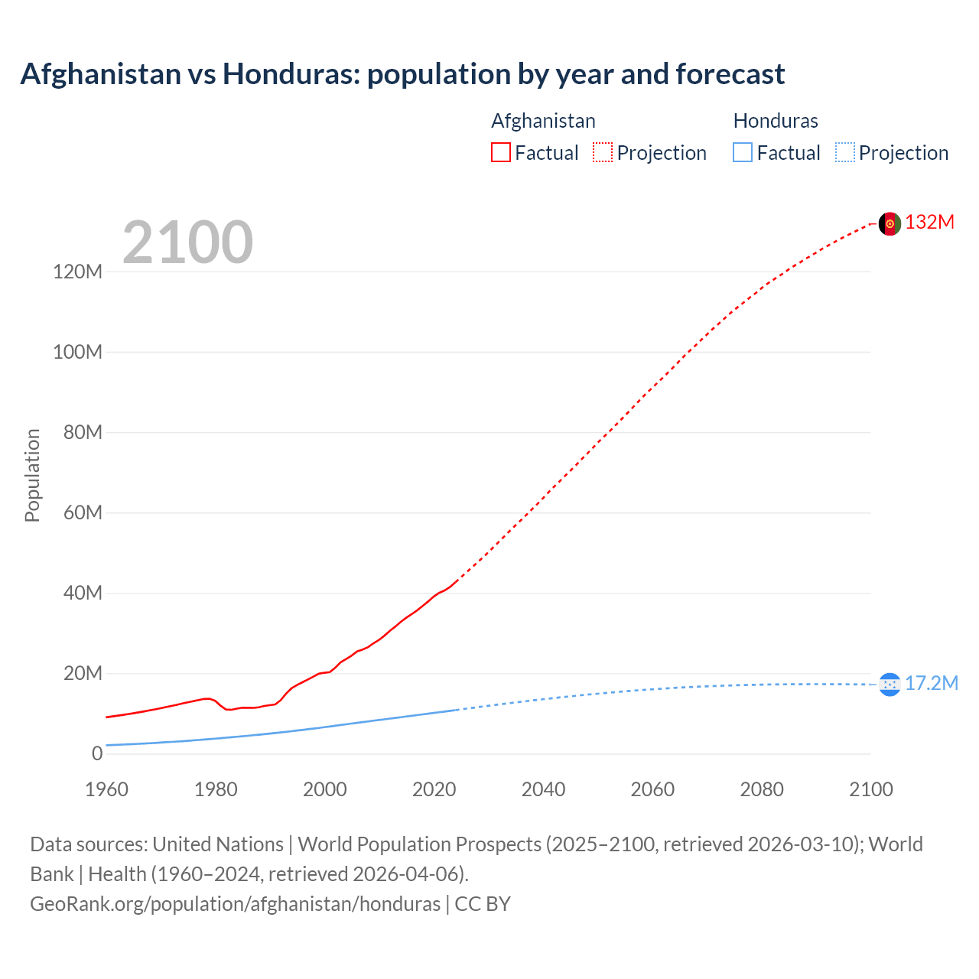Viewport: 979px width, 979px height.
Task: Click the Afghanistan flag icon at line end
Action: pyautogui.click(x=890, y=223)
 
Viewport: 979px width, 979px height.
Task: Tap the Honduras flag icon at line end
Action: pyautogui.click(x=890, y=685)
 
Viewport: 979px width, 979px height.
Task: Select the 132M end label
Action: pyautogui.click(x=929, y=223)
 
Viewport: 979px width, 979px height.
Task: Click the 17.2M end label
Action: pyautogui.click(x=931, y=684)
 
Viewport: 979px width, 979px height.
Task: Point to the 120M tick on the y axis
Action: pyautogui.click(x=77, y=272)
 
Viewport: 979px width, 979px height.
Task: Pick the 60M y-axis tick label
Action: pyautogui.click(x=83, y=512)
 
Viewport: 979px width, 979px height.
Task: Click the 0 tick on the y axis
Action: pyautogui.click(x=97, y=753)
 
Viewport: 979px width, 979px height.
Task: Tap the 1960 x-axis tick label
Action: pyautogui.click(x=106, y=789)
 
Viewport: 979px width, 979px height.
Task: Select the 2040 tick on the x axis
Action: pyautogui.click(x=543, y=789)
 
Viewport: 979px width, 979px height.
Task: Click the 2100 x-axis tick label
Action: pyautogui.click(x=870, y=789)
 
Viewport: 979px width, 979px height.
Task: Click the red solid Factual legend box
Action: pyautogui.click(x=500, y=153)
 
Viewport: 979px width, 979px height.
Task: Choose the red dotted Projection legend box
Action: pyautogui.click(x=603, y=153)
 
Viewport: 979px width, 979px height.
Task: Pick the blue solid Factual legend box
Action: pyautogui.click(x=743, y=153)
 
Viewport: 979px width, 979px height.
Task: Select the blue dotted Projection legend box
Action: pyautogui.click(x=844, y=153)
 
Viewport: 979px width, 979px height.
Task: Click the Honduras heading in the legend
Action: pyautogui.click(x=776, y=121)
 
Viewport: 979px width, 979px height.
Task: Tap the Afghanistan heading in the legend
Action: pyautogui.click(x=543, y=121)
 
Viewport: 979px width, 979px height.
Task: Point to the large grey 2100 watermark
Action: pyautogui.click(x=187, y=242)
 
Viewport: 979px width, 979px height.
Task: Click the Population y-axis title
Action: pyautogui.click(x=32, y=475)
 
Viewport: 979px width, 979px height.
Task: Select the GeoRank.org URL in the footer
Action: pyautogui.click(x=235, y=904)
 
